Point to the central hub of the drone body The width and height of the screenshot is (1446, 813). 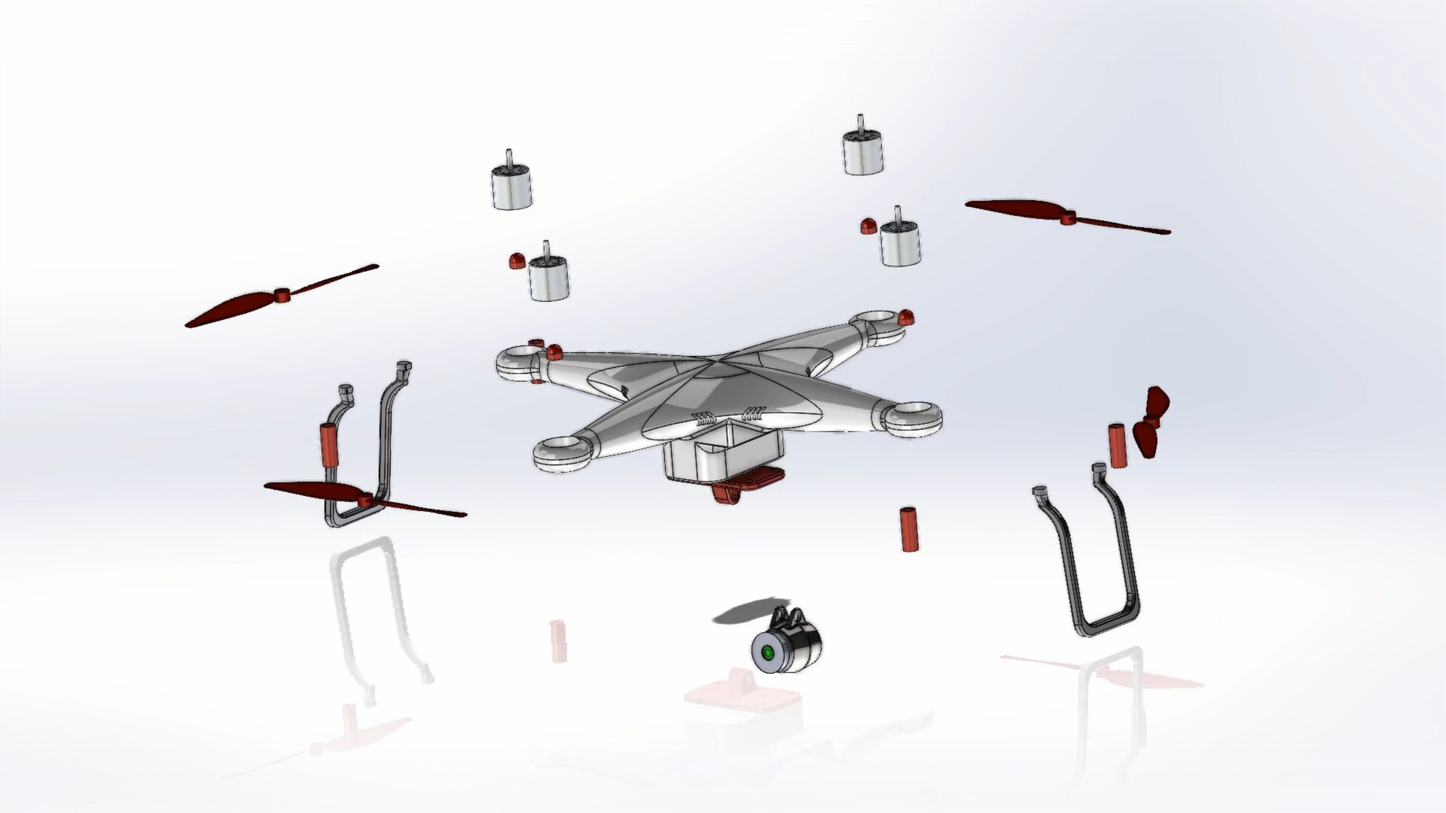(x=712, y=369)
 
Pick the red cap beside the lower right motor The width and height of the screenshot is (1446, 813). (x=868, y=224)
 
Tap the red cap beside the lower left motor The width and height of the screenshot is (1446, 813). (x=517, y=261)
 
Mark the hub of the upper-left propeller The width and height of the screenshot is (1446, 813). (x=282, y=295)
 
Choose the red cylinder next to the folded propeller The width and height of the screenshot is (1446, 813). (x=1117, y=446)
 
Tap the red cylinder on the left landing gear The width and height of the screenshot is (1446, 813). (x=330, y=446)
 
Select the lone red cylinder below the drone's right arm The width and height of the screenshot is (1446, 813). (x=908, y=530)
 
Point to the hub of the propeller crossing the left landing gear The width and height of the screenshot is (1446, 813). (x=367, y=500)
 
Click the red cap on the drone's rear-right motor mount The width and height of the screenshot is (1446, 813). (x=906, y=318)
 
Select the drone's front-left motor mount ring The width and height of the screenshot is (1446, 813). (x=562, y=453)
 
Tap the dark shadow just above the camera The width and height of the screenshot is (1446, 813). (x=743, y=614)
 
